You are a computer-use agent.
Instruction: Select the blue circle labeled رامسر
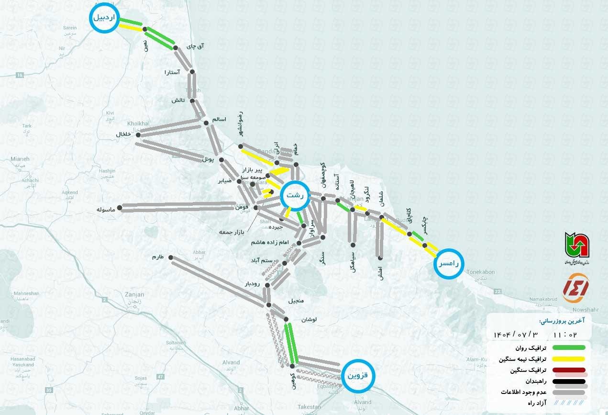point(450,263)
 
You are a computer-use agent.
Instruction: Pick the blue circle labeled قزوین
point(358,376)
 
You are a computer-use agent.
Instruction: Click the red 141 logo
point(575,288)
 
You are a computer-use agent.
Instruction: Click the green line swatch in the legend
point(569,348)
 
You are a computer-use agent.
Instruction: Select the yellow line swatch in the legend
point(569,359)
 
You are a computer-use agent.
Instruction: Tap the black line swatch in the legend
point(569,382)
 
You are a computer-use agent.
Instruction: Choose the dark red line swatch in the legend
point(569,370)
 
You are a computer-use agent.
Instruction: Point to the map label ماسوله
point(106,210)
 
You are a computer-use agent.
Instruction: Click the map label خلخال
point(123,135)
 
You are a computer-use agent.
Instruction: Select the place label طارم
point(158,257)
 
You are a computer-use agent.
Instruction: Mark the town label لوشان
point(309,319)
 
